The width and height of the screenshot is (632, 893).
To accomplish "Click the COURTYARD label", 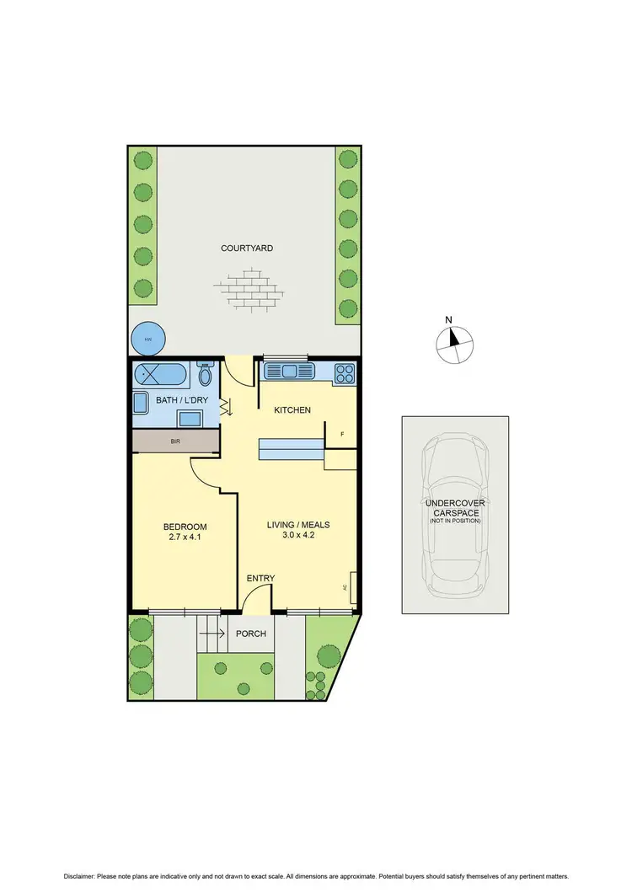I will click(x=247, y=249).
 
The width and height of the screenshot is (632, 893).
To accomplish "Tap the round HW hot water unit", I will click(x=148, y=340).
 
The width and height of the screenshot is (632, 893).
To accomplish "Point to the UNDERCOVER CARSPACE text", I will click(x=455, y=508).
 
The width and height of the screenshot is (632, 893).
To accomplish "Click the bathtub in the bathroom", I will click(x=164, y=372).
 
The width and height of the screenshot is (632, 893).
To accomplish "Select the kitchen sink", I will click(x=288, y=371).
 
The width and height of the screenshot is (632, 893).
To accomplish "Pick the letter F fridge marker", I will click(x=342, y=435).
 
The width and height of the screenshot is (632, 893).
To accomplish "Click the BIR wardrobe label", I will click(x=175, y=441).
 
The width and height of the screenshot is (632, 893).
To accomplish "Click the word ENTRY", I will click(x=260, y=578).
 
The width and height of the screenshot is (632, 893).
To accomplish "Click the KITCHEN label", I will click(x=292, y=410).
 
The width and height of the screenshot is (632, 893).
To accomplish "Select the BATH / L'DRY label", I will click(x=179, y=400).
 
